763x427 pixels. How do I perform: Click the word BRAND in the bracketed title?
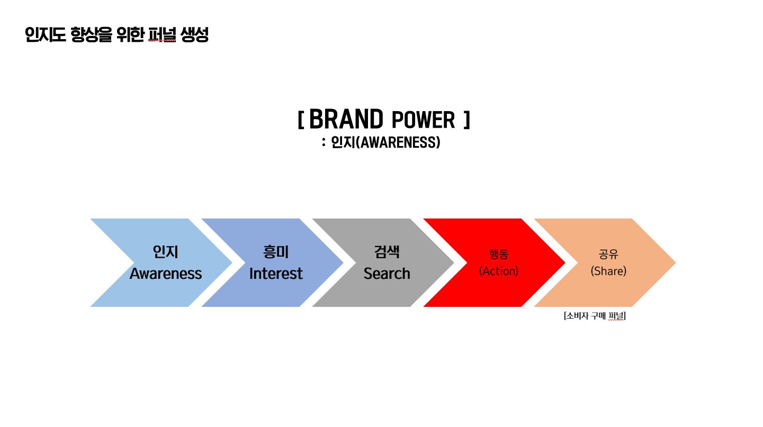pos(346,119)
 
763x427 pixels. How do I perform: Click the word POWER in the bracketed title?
pos(424,120)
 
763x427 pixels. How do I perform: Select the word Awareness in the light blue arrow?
pos(166,274)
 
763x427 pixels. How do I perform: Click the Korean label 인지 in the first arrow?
pos(166,252)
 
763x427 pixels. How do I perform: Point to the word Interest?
pos(276,274)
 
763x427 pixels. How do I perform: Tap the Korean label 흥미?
pos(276,252)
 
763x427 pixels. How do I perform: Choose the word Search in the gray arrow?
pos(387,274)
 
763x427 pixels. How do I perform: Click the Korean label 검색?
pos(387,252)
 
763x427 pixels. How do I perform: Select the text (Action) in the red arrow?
pos(499,271)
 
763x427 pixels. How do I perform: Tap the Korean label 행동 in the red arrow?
pos(499,254)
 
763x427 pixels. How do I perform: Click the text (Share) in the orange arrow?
pos(608,271)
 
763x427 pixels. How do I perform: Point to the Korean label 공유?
pos(608,254)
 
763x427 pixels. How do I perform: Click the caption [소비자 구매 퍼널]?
pos(595,316)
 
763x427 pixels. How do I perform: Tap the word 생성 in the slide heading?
pos(194,35)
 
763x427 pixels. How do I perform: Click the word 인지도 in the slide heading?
pos(46,35)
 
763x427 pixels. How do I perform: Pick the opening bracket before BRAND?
pos(301,120)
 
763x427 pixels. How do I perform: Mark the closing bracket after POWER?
pos(467,120)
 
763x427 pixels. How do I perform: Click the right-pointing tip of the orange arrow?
pos(676,262)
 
